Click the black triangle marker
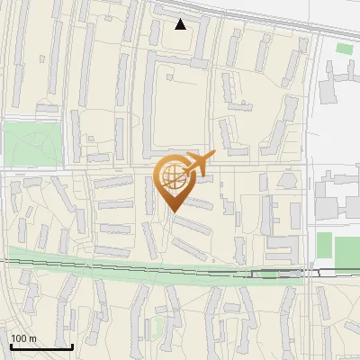tap(181, 24)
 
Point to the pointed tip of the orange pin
tap(172, 211)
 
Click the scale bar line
tap(41, 347)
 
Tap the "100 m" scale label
tap(24, 339)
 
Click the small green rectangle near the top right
tap(345, 48)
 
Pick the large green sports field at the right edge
tap(347, 251)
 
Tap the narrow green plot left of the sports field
tap(324, 244)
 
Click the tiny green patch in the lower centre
tap(158, 324)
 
